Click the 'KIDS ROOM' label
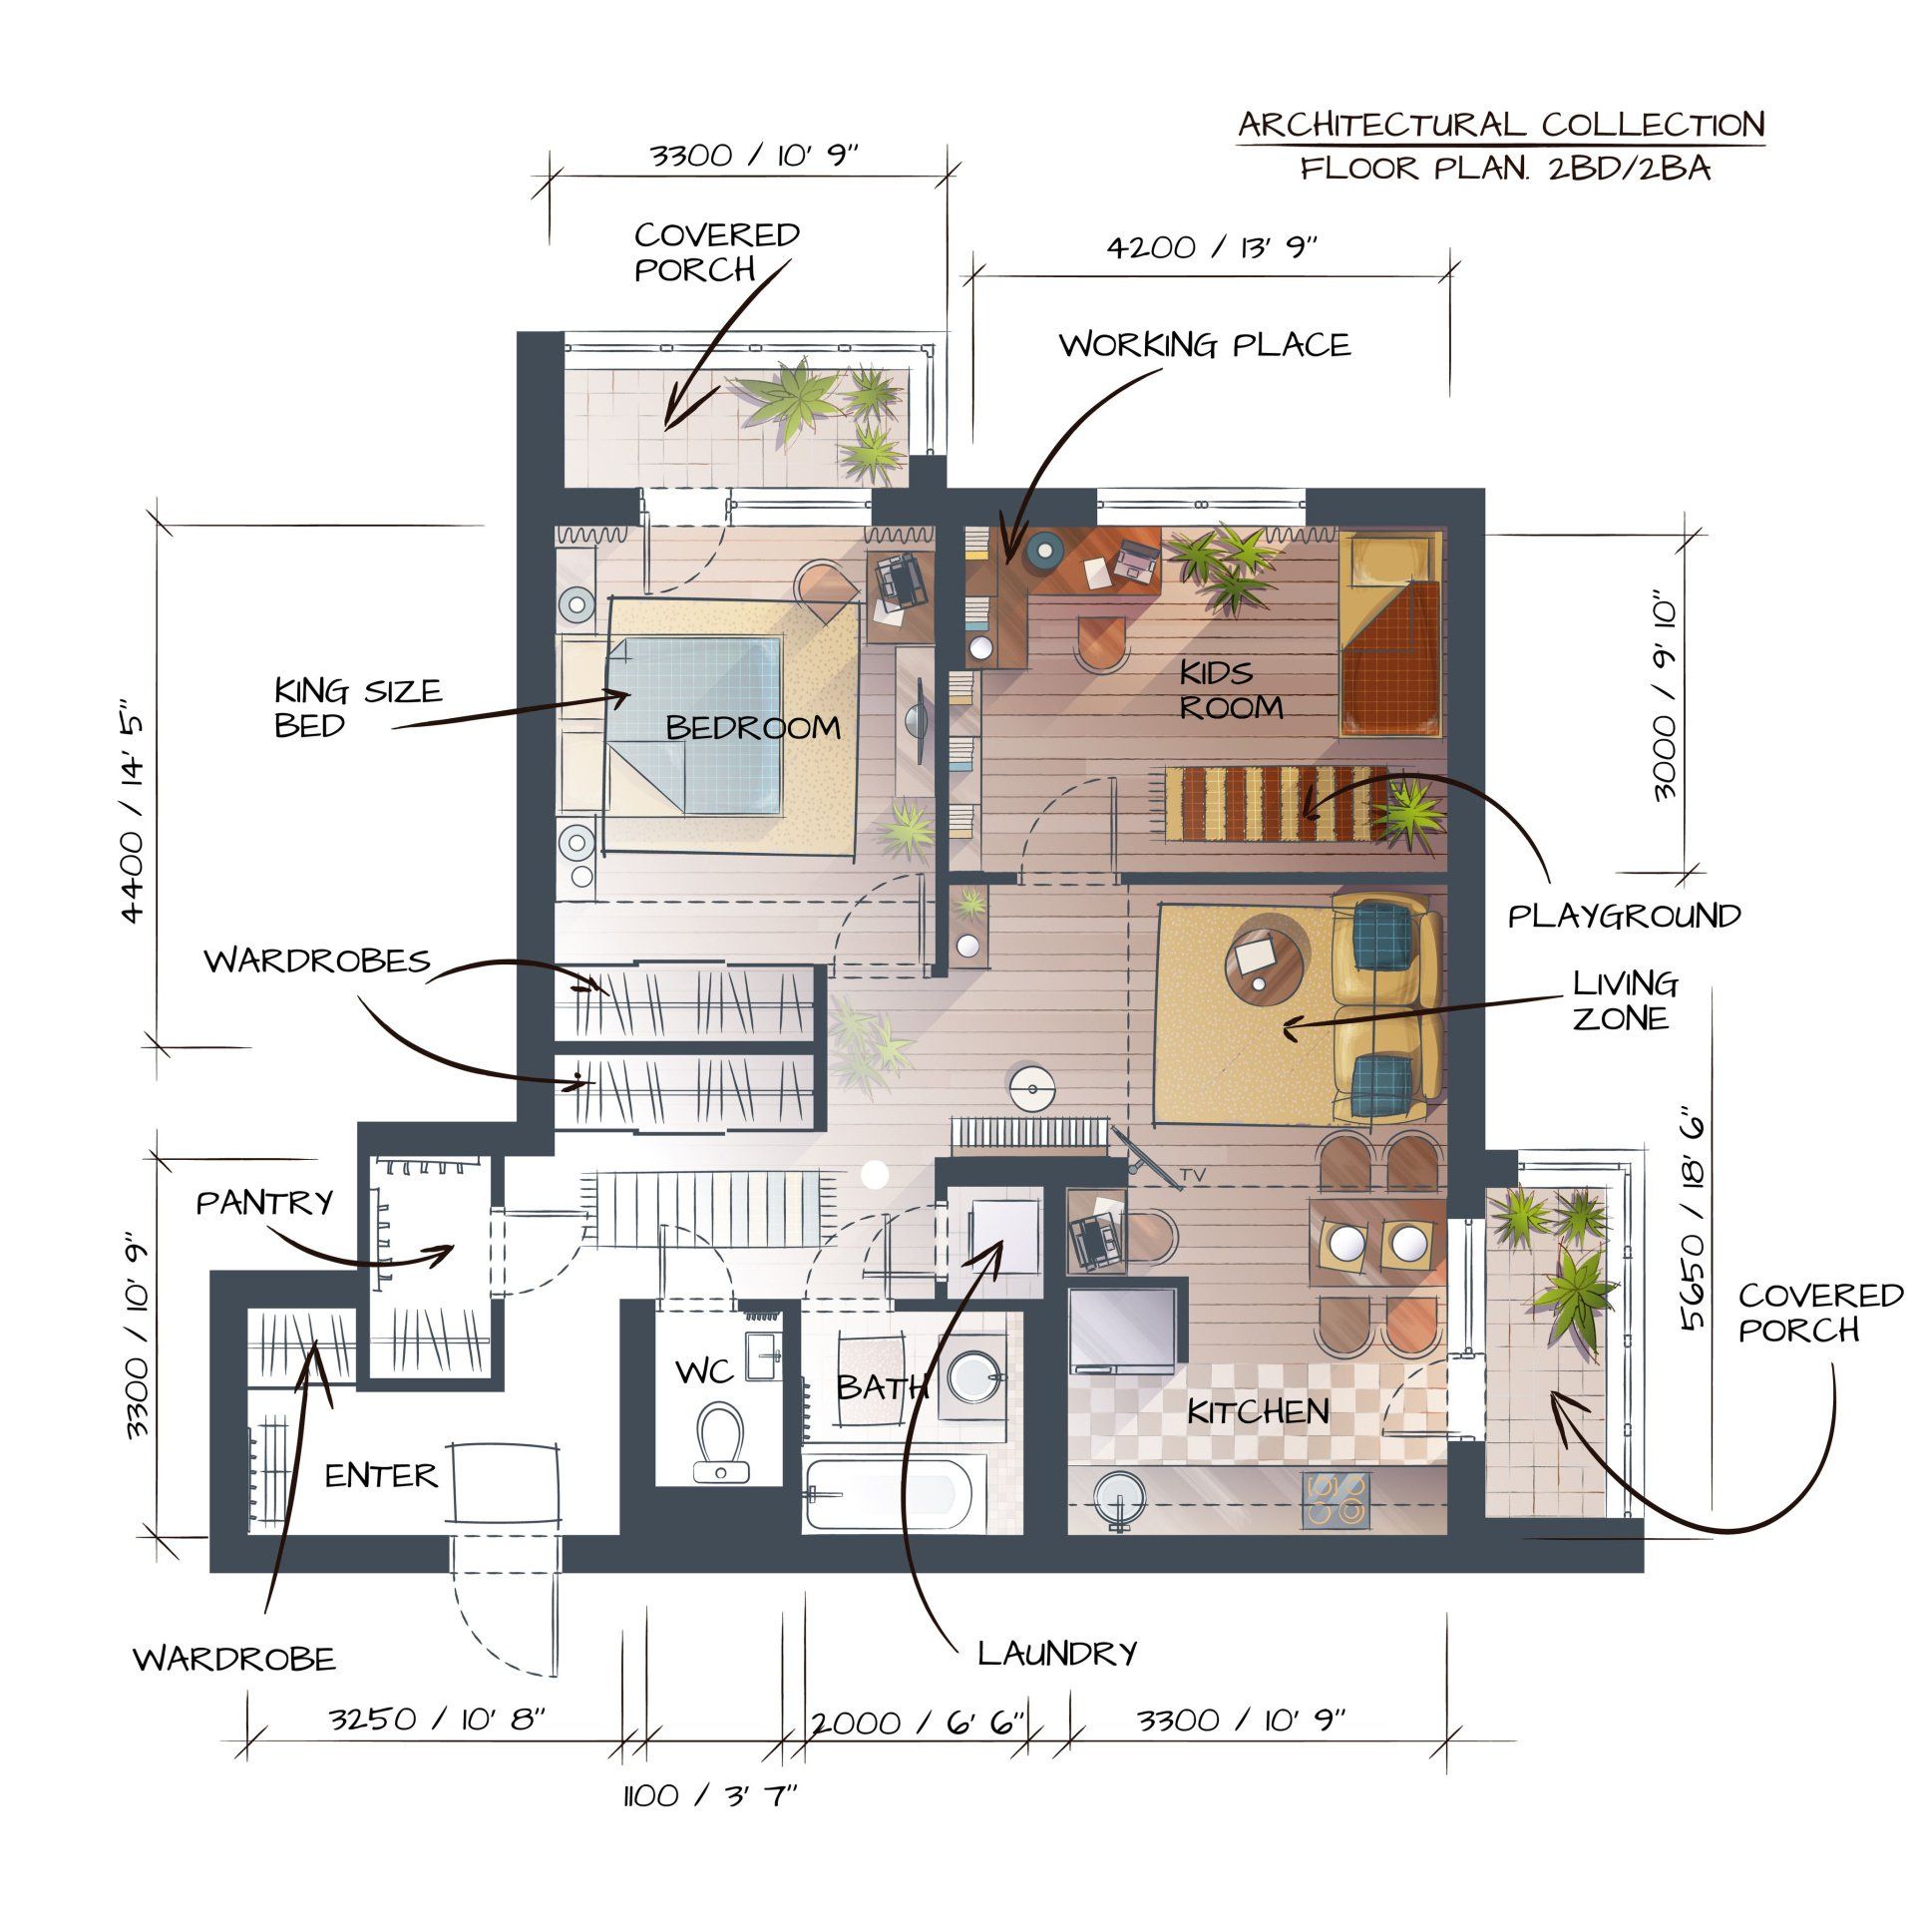click(1231, 689)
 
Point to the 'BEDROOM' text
click(753, 727)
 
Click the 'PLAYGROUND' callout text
click(1624, 916)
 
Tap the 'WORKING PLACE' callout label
click(1205, 345)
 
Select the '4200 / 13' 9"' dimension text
click(1213, 247)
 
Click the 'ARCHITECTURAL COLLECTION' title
click(1501, 125)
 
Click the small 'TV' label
click(1192, 1176)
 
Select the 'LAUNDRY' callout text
click(1057, 1653)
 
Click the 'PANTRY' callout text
click(264, 1202)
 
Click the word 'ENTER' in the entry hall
click(381, 1475)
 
